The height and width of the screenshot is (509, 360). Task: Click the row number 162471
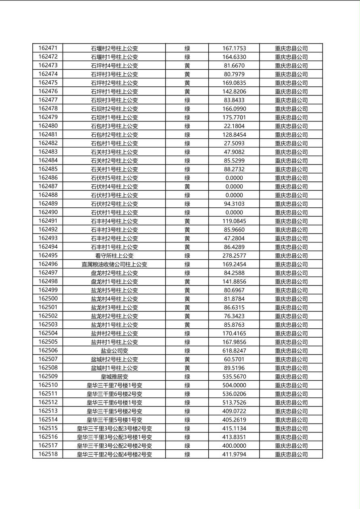tap(48, 48)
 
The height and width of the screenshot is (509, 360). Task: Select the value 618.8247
tap(234, 351)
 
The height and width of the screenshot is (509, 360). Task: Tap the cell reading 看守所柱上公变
tap(114, 256)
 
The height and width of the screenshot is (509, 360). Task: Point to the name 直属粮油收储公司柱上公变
tap(114, 265)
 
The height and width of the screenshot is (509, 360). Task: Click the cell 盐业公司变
tap(114, 351)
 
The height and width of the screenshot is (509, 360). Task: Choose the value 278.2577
tap(234, 256)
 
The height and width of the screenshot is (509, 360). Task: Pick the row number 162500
tap(48, 299)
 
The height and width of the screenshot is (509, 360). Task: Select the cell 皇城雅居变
tap(114, 377)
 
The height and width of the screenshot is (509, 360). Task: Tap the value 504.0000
tap(234, 386)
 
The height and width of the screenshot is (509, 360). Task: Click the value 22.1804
tap(234, 126)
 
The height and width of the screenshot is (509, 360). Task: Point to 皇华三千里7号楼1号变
tap(114, 386)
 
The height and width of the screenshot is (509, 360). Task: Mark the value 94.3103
tap(234, 204)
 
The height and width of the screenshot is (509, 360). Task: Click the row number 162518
tap(48, 455)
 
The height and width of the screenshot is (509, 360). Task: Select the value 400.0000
tap(234, 446)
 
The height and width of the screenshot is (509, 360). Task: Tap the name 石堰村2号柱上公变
tap(114, 48)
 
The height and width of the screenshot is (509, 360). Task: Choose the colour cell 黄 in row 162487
tap(187, 187)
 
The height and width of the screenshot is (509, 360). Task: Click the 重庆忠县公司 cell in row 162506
tap(291, 351)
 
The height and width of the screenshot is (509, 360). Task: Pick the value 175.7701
tap(234, 117)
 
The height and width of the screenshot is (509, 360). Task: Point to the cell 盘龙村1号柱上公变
tap(114, 282)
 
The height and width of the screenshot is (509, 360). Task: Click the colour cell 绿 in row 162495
tap(187, 256)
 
